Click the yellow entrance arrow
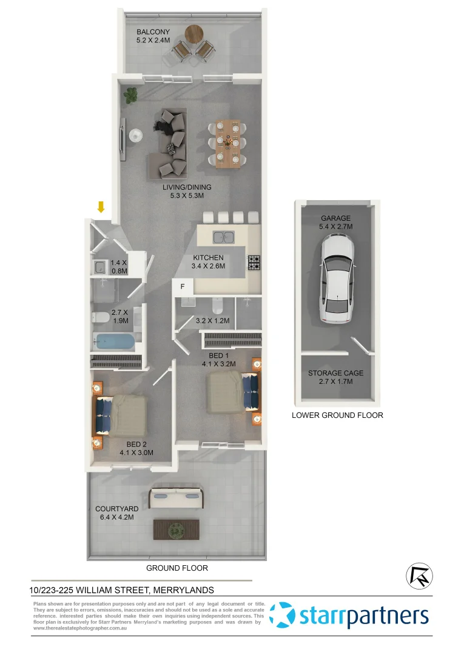101,207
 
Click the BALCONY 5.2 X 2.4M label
153,36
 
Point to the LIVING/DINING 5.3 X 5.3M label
187,192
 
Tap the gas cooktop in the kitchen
254,263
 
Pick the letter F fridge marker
183,286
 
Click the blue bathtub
113,342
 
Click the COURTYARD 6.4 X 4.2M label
116,513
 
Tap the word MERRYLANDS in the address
183,589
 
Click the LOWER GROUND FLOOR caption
337,415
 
